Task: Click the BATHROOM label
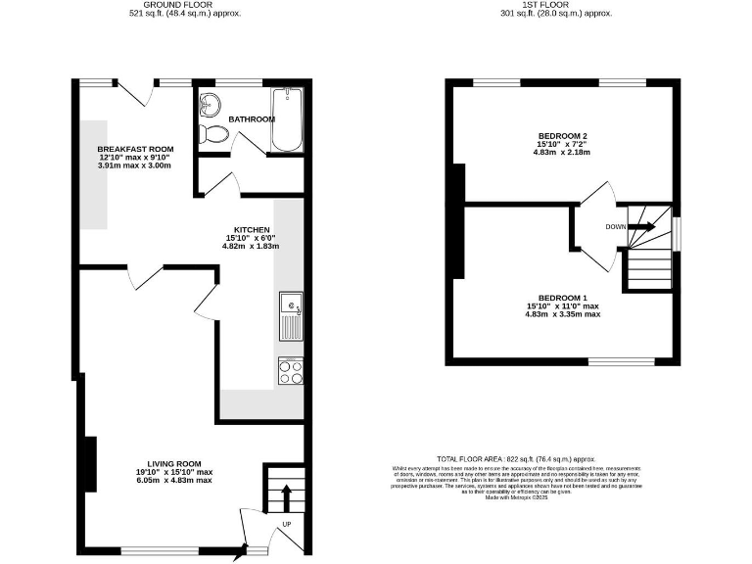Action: [x=252, y=118]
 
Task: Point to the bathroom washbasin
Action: [x=210, y=102]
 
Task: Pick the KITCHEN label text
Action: [x=238, y=229]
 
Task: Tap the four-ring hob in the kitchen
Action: [x=291, y=371]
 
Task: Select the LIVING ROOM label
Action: [x=174, y=463]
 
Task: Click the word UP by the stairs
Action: [x=287, y=524]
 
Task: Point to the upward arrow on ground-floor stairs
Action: [x=286, y=495]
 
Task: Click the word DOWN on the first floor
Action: [x=615, y=226]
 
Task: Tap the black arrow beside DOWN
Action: [x=641, y=226]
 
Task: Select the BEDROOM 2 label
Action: [x=562, y=135]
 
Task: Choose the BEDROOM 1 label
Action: [x=562, y=298]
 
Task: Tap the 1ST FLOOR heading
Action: [x=555, y=5]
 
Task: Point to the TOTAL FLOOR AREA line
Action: [x=530, y=458]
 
